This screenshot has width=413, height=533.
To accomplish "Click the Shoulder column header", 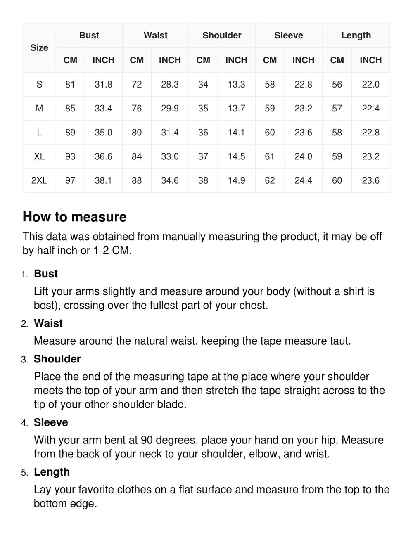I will point(222,36).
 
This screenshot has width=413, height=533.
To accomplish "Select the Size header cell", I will point(39,48).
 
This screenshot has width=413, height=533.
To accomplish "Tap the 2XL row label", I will point(39,180).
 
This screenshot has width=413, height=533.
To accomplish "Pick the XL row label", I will point(39,156).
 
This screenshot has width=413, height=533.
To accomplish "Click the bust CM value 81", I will point(70,85).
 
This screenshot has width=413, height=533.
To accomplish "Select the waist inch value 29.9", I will point(170,109).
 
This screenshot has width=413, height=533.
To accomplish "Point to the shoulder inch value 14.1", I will point(236,133).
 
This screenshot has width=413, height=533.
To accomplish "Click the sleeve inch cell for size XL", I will point(303,156).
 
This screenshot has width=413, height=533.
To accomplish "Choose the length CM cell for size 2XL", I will point(337,180).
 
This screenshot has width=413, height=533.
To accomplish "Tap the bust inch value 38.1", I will point(103,180).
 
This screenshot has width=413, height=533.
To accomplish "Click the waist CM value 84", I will point(137,156).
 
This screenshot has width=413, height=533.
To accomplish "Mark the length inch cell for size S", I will point(370,85).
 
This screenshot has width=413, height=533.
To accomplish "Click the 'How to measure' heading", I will point(75,217).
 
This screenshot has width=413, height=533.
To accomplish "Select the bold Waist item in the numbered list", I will point(48,323).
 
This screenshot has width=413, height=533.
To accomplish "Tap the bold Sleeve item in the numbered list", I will point(51,422).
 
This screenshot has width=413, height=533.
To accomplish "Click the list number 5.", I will point(24,473).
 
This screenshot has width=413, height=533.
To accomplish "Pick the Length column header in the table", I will point(356,36).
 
